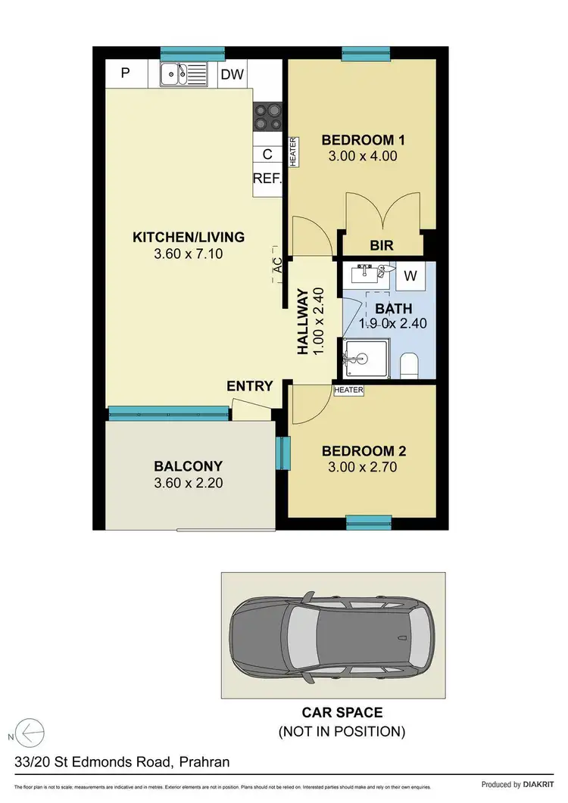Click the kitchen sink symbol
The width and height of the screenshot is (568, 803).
click(183, 74)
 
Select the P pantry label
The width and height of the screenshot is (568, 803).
click(126, 73)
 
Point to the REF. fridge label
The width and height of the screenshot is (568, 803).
click(267, 179)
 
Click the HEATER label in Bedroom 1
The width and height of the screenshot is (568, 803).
click(292, 151)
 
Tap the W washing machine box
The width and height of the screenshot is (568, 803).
click(410, 276)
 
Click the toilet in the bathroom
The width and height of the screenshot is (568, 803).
click(409, 364)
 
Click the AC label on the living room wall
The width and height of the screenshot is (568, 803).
click(277, 265)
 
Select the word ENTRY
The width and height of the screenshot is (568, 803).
click(250, 386)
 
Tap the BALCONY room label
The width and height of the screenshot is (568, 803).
click(188, 466)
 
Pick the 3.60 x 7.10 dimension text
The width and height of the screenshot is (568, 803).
click(188, 254)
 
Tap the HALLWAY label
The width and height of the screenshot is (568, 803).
click(302, 322)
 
